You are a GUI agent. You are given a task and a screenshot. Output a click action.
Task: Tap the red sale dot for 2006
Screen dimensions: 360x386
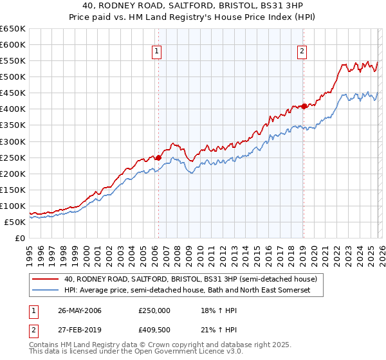pos(158,157)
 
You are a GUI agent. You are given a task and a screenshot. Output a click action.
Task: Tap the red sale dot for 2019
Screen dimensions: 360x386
pos(304,106)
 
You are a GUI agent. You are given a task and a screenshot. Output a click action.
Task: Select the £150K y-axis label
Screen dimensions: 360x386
pos(12,190)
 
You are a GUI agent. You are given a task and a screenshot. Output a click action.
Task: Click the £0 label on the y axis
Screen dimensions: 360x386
pos(19,238)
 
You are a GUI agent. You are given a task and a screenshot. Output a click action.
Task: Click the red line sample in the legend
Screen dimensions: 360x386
pos(45,280)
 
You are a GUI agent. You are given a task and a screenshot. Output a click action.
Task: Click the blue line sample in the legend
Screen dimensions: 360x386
pos(45,291)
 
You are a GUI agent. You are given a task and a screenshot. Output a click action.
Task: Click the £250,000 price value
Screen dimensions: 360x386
pos(154,310)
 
